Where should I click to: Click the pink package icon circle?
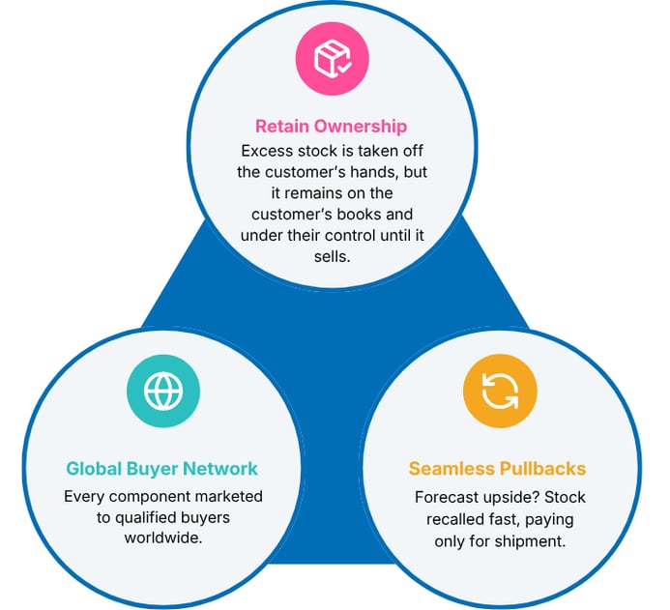point(332,59)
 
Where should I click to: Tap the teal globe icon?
point(163,391)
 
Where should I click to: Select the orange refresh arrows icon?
point(500,391)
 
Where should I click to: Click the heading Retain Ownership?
point(332,127)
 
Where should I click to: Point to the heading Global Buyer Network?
point(162,469)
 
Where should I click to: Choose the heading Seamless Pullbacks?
point(497,469)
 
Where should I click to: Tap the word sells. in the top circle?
point(332,256)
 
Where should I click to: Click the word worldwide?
point(163,537)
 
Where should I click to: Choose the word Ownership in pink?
point(361,127)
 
